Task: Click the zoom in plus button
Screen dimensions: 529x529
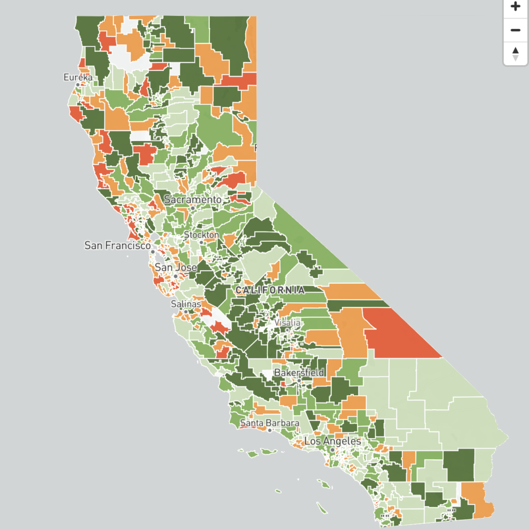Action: [515, 7]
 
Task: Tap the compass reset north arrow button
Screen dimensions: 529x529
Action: [515, 53]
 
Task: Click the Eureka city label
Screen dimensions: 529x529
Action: [77, 77]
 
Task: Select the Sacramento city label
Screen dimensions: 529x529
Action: [193, 199]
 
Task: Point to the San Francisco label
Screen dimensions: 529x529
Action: [117, 245]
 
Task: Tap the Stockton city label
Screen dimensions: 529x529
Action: [201, 235]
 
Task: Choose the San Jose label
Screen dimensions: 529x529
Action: [176, 267]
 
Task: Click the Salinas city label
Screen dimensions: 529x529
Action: [186, 304]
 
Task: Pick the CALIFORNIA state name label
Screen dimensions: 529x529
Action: [270, 290]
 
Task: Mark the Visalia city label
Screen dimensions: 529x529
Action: [287, 322]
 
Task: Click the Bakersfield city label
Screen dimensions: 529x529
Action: [299, 372]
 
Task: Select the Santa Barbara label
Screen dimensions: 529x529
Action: [270, 423]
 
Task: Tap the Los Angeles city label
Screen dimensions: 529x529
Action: [333, 441]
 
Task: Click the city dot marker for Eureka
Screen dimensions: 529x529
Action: [78, 84]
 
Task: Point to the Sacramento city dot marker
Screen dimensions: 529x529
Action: [192, 208]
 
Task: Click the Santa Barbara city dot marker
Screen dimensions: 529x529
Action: [270, 430]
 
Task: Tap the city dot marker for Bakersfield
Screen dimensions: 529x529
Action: [299, 380]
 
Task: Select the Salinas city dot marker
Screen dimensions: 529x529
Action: [186, 312]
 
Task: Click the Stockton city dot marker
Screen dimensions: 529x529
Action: [201, 242]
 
